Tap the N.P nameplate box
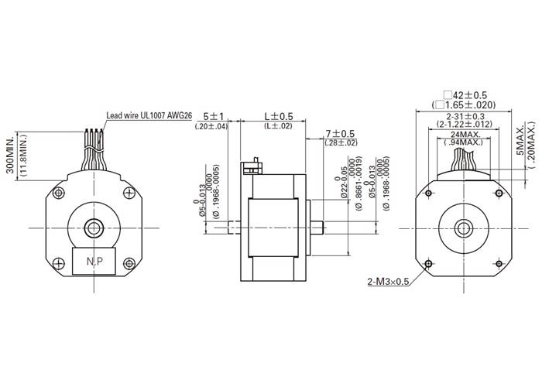(94, 262)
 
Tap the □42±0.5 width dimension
(464, 94)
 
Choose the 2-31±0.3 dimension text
(464, 114)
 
